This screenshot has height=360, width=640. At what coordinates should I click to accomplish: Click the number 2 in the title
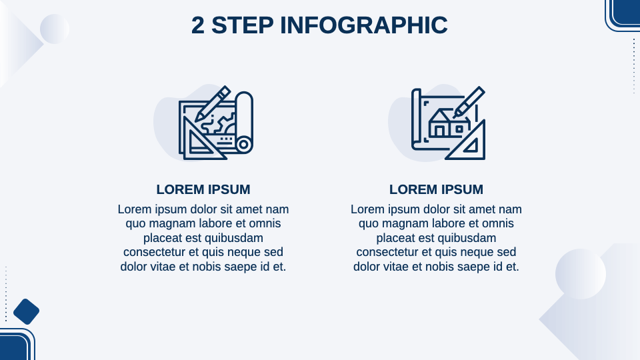pos(197,25)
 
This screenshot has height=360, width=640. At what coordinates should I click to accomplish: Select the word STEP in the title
pos(243,25)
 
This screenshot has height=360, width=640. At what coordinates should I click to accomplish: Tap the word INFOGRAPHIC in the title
pos(364,25)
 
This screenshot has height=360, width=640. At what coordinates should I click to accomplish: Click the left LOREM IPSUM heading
pos(203,189)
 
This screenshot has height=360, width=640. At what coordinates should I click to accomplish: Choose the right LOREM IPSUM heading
pos(436,189)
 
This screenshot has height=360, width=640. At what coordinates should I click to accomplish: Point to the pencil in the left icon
pos(213,104)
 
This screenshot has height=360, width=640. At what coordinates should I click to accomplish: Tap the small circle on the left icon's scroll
pos(244,145)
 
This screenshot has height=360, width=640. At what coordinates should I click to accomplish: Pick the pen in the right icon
pos(469,102)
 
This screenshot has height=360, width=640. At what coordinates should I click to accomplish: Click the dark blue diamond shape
pos(26,311)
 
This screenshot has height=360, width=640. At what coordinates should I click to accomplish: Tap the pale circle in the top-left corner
pos(55,29)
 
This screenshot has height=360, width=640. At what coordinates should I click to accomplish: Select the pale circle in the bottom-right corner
pos(581,274)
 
